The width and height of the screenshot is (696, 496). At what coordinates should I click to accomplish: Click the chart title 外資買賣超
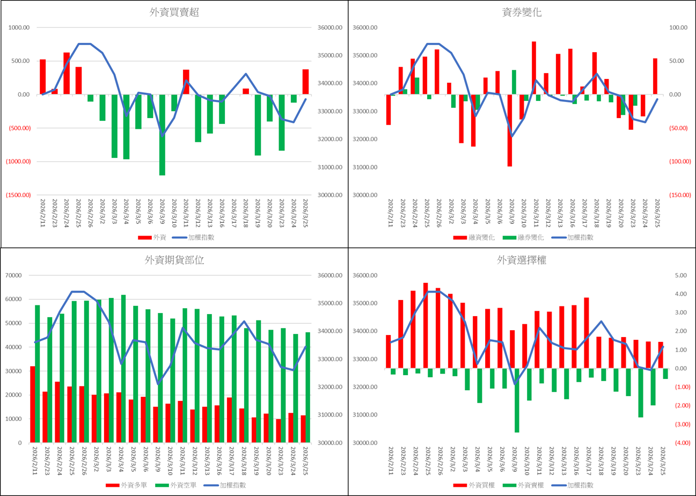[174, 13]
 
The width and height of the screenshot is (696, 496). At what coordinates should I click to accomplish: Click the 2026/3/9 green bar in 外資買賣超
[162, 135]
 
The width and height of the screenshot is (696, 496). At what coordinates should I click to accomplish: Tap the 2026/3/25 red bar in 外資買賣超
[305, 82]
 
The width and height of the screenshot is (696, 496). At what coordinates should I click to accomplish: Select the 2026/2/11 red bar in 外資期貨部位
[33, 404]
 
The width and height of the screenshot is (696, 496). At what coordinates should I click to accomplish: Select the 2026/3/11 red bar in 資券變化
[534, 68]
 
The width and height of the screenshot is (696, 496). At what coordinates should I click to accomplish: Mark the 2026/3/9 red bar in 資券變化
[510, 130]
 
